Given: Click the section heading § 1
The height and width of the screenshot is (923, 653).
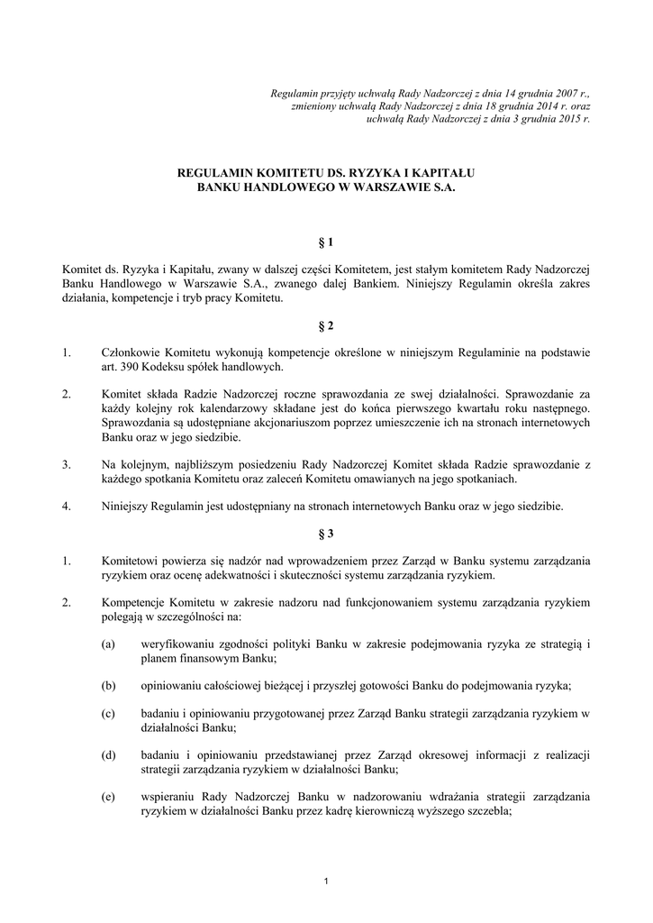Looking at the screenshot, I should click(x=326, y=242).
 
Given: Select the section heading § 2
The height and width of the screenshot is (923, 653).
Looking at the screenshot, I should click(x=326, y=324).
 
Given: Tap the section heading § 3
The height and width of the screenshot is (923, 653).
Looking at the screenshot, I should click(x=326, y=534).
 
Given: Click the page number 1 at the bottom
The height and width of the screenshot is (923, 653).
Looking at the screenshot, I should click(x=326, y=881).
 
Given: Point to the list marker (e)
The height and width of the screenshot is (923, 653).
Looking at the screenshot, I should click(x=109, y=796).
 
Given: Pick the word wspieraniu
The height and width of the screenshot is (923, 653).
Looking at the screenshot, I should click(x=168, y=796).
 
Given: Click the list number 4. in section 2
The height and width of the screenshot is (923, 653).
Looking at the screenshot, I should click(x=67, y=506).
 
